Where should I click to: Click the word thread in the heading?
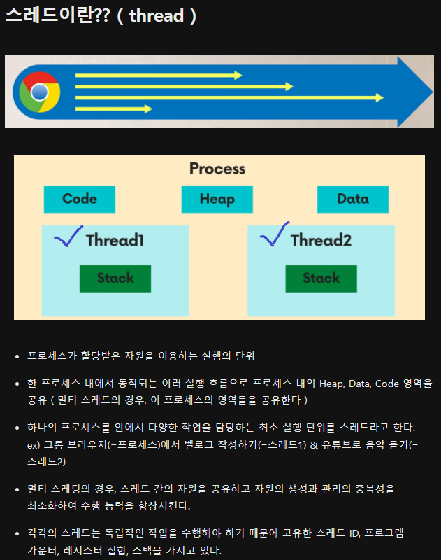(156, 15)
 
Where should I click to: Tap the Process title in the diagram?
(217, 169)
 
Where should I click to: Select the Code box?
(79, 199)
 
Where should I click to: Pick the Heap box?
(217, 199)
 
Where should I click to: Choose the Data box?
(352, 199)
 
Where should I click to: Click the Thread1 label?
(115, 240)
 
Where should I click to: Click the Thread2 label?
(321, 240)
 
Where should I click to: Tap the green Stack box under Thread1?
(115, 278)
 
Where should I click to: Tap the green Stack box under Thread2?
(321, 278)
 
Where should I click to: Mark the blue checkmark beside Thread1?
(68, 237)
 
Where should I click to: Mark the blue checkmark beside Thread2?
(274, 235)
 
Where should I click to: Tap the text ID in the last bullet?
(355, 533)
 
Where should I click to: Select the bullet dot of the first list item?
(17, 356)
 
